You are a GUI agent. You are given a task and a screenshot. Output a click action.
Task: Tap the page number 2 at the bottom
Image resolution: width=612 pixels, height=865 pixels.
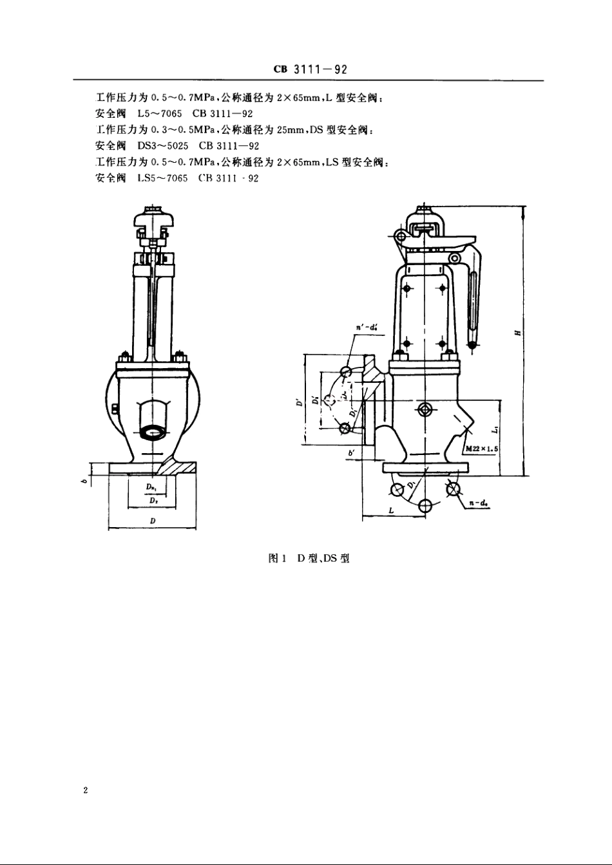coord(85,790)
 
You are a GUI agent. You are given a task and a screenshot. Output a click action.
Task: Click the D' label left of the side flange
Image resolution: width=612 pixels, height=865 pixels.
coord(298,404)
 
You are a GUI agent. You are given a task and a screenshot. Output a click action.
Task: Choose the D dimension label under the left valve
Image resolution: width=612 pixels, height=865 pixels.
coord(151,520)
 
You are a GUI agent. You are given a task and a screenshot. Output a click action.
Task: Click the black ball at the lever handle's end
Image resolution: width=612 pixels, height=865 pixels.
coord(473,346)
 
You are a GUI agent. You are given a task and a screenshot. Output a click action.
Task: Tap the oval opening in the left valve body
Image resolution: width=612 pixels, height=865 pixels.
coord(152,432)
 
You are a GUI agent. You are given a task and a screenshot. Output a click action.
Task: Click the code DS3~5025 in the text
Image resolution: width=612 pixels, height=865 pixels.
coord(162,146)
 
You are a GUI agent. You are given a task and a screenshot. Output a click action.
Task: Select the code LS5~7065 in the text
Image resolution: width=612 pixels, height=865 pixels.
coord(162,178)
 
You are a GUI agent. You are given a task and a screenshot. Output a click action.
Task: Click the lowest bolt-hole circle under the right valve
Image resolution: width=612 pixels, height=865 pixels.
coord(425,505)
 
